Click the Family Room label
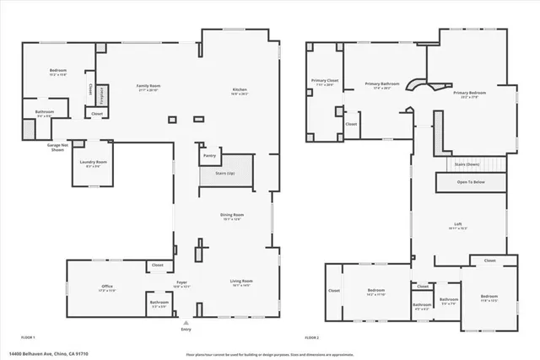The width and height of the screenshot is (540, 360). (148, 86)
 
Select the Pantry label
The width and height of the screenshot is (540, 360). (209, 155)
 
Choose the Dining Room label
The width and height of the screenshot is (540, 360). (231, 215)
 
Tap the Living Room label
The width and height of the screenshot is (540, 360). (241, 282)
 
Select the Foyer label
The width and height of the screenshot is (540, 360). (181, 282)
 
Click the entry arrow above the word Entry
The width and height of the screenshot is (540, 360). (186, 321)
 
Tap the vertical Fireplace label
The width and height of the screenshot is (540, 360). (102, 94)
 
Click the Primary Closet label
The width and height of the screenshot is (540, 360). (324, 83)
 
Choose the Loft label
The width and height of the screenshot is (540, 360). (458, 223)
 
